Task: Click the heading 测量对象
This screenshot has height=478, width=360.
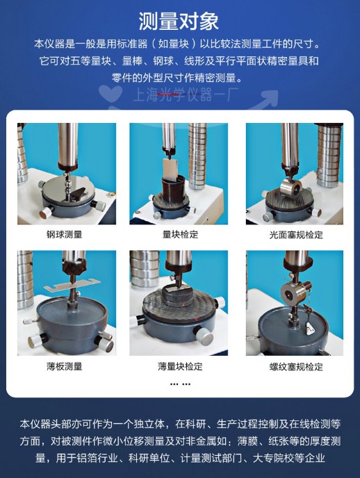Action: click(x=179, y=21)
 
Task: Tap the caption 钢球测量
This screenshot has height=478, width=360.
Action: click(x=65, y=234)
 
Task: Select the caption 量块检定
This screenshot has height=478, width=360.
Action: click(x=180, y=234)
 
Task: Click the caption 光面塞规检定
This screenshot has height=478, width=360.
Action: click(x=296, y=235)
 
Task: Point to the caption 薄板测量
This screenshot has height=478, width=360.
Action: click(x=65, y=366)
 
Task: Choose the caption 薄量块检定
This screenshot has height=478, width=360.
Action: click(x=180, y=366)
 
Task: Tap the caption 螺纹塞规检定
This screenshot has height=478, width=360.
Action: click(x=296, y=366)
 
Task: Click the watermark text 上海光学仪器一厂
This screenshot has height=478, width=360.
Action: click(x=186, y=94)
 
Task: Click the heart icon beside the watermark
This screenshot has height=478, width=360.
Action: click(x=111, y=93)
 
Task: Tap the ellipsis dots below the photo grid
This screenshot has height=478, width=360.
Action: click(x=180, y=384)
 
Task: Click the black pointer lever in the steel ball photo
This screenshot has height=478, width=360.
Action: click(x=76, y=195)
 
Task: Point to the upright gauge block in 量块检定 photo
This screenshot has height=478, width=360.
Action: click(x=170, y=169)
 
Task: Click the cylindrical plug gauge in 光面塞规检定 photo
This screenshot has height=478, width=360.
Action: click(x=291, y=188)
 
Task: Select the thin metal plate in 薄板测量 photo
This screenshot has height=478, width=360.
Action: click(x=72, y=285)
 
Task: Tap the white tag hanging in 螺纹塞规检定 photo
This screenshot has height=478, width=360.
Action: click(x=310, y=329)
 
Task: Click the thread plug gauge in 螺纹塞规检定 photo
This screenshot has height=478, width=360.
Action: click(x=295, y=292)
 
